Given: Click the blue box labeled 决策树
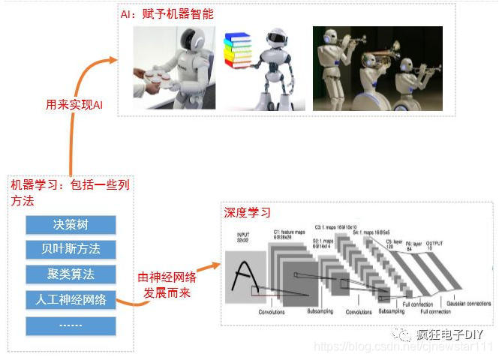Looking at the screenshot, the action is click(x=71, y=224).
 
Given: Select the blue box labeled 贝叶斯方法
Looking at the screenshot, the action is click(x=71, y=248).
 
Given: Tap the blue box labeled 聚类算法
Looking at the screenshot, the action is click(x=71, y=274).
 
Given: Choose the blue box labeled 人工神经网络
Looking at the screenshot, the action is click(x=71, y=300).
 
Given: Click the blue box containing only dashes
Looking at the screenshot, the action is click(x=71, y=326).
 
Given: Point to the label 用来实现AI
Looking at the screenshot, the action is click(x=74, y=104).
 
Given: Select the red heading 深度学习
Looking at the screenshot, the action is click(x=247, y=213).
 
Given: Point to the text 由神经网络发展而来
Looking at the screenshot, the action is click(x=170, y=284).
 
